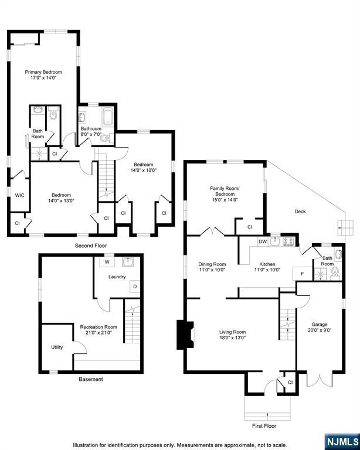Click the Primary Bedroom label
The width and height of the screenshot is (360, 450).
click(x=43, y=72)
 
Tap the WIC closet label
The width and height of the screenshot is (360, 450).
click(x=19, y=196)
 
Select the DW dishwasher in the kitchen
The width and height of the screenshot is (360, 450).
click(x=263, y=241)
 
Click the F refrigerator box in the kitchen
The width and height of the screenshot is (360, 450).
click(x=303, y=274)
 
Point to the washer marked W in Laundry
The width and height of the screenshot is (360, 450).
click(x=107, y=262)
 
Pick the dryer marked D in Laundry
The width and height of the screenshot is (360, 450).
click(x=135, y=287)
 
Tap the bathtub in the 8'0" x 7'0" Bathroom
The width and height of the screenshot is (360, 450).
click(x=108, y=117)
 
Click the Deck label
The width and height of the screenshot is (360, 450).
click(x=300, y=212)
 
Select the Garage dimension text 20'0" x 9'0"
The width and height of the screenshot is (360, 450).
click(x=320, y=330)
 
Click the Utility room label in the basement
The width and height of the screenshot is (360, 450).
click(x=57, y=347)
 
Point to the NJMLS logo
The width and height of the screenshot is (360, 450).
click(x=342, y=442)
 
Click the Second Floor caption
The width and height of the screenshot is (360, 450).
click(x=91, y=246)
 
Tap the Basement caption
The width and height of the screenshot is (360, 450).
click(x=91, y=379)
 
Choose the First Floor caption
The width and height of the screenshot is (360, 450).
click(x=264, y=426)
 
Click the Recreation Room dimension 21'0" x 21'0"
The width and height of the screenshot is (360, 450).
click(x=99, y=333)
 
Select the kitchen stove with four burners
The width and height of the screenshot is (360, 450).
click(x=288, y=242)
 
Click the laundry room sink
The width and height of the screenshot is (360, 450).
click(x=127, y=262)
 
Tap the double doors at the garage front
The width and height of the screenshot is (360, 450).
click(x=320, y=379)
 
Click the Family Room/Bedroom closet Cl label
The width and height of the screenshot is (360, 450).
click(x=250, y=227)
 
